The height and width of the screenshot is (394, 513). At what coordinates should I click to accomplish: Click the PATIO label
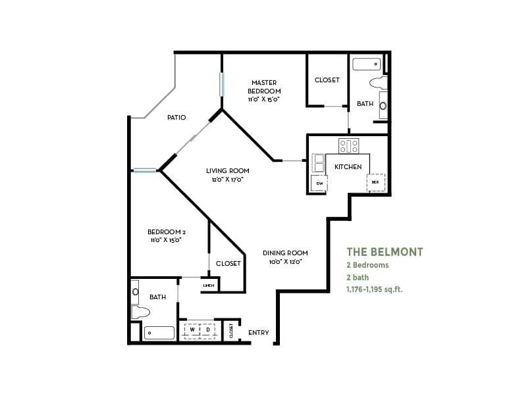176,118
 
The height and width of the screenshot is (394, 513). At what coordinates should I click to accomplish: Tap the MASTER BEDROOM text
264,87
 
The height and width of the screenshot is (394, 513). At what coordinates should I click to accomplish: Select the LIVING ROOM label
225,170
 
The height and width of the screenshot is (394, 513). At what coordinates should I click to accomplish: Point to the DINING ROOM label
285,253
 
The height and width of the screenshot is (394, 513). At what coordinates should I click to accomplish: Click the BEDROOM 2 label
165,232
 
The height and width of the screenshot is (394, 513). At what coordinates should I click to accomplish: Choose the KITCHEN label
348,167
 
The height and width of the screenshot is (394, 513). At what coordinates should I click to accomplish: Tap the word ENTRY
259,333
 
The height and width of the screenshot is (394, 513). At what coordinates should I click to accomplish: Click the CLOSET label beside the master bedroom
327,80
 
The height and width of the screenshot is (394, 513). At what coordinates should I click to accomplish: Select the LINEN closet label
209,285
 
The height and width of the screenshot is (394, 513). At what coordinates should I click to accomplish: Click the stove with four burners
348,145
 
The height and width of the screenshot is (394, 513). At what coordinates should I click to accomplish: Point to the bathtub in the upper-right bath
366,64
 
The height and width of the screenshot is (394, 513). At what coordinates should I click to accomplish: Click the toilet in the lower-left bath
140,312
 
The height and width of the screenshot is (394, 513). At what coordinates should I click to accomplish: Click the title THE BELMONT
385,252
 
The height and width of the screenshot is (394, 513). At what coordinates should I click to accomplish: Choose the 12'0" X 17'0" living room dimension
225,180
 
